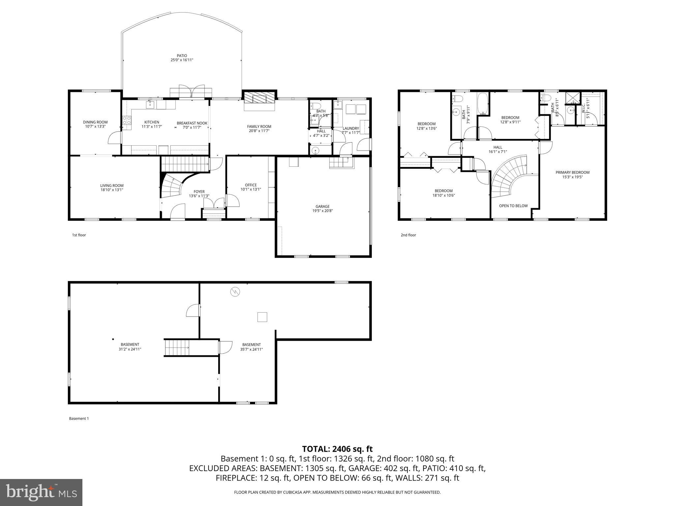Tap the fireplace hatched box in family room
pos(259,98)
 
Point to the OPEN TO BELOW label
pos(513,206)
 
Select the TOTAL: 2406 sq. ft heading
pos(337,449)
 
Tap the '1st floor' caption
pos(79,235)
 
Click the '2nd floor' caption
pos(408,235)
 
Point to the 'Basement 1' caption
pos(79,418)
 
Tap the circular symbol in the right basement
pos(235,292)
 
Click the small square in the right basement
pos(262,317)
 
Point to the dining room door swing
pos(114,138)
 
